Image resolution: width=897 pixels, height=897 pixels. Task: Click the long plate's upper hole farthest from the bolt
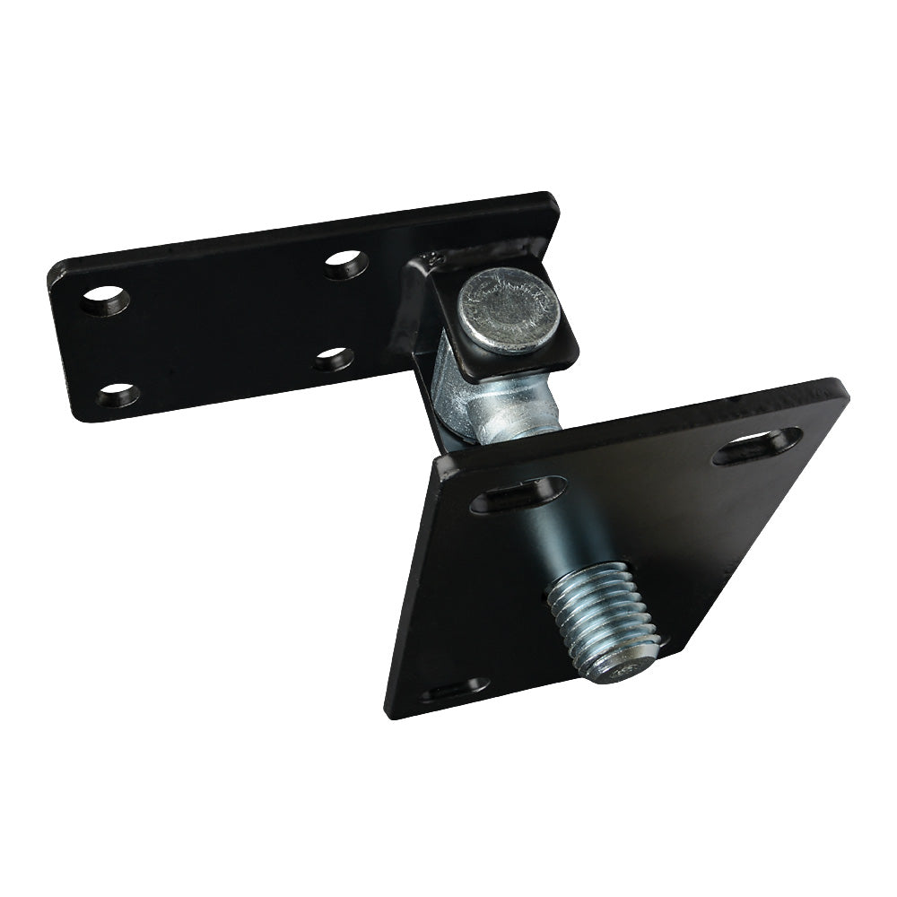coord(105,300)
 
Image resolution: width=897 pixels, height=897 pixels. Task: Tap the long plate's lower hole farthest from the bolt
coord(118,394)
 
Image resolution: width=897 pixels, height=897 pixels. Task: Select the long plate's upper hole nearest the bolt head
coord(346,264)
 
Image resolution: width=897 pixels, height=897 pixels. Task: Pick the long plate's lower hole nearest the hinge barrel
coord(334,359)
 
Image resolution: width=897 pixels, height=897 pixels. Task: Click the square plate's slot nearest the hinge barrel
coord(518,494)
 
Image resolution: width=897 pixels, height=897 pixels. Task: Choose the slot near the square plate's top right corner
coord(757,445)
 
